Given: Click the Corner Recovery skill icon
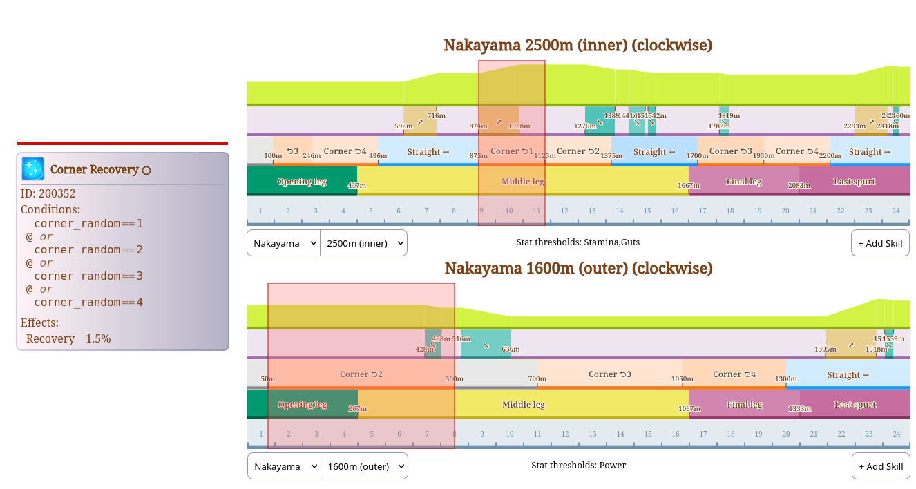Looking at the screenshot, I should tap(32, 169).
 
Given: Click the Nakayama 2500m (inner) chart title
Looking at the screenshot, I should tap(578, 46).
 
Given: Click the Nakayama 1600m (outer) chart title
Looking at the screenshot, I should tap(578, 268).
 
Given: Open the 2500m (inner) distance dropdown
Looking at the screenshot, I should tap(363, 243).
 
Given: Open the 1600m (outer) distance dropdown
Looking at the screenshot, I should tap(364, 466).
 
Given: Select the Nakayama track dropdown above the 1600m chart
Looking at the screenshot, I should tap(284, 466).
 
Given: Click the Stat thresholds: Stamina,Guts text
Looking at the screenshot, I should tap(578, 242).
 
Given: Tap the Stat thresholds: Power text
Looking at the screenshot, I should tap(578, 465).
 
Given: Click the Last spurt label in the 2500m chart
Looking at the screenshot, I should tap(855, 182).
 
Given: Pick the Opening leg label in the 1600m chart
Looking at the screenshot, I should tap(302, 405).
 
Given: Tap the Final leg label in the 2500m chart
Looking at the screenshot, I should tap(743, 182).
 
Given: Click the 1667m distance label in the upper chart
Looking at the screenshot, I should tap(687, 186).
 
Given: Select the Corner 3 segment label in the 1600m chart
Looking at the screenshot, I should tap(609, 374).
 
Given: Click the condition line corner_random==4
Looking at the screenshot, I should tap(88, 303).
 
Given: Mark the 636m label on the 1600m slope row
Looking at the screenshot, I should tap(511, 349).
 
